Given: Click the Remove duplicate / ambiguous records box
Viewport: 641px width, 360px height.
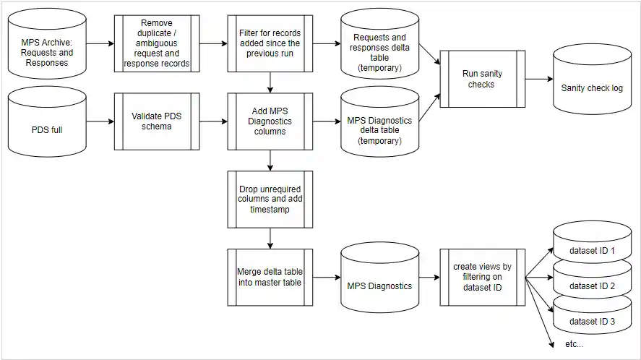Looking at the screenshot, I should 157,43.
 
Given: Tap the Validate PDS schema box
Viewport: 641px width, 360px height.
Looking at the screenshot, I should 157,121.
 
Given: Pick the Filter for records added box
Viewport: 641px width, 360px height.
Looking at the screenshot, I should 270,43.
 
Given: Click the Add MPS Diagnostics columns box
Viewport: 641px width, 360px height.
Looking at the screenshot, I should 270,121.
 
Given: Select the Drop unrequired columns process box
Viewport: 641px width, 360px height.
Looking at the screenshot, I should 270,199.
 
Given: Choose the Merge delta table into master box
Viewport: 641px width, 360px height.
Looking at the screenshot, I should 270,277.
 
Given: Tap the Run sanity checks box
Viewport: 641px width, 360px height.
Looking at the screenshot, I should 481,79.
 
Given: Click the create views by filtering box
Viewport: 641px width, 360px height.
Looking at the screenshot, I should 481,277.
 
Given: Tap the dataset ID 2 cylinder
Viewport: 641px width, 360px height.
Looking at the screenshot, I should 592,286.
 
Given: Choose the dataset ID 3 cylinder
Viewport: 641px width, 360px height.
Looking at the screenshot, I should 592,320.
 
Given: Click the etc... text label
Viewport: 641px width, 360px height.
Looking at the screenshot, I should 574,344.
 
